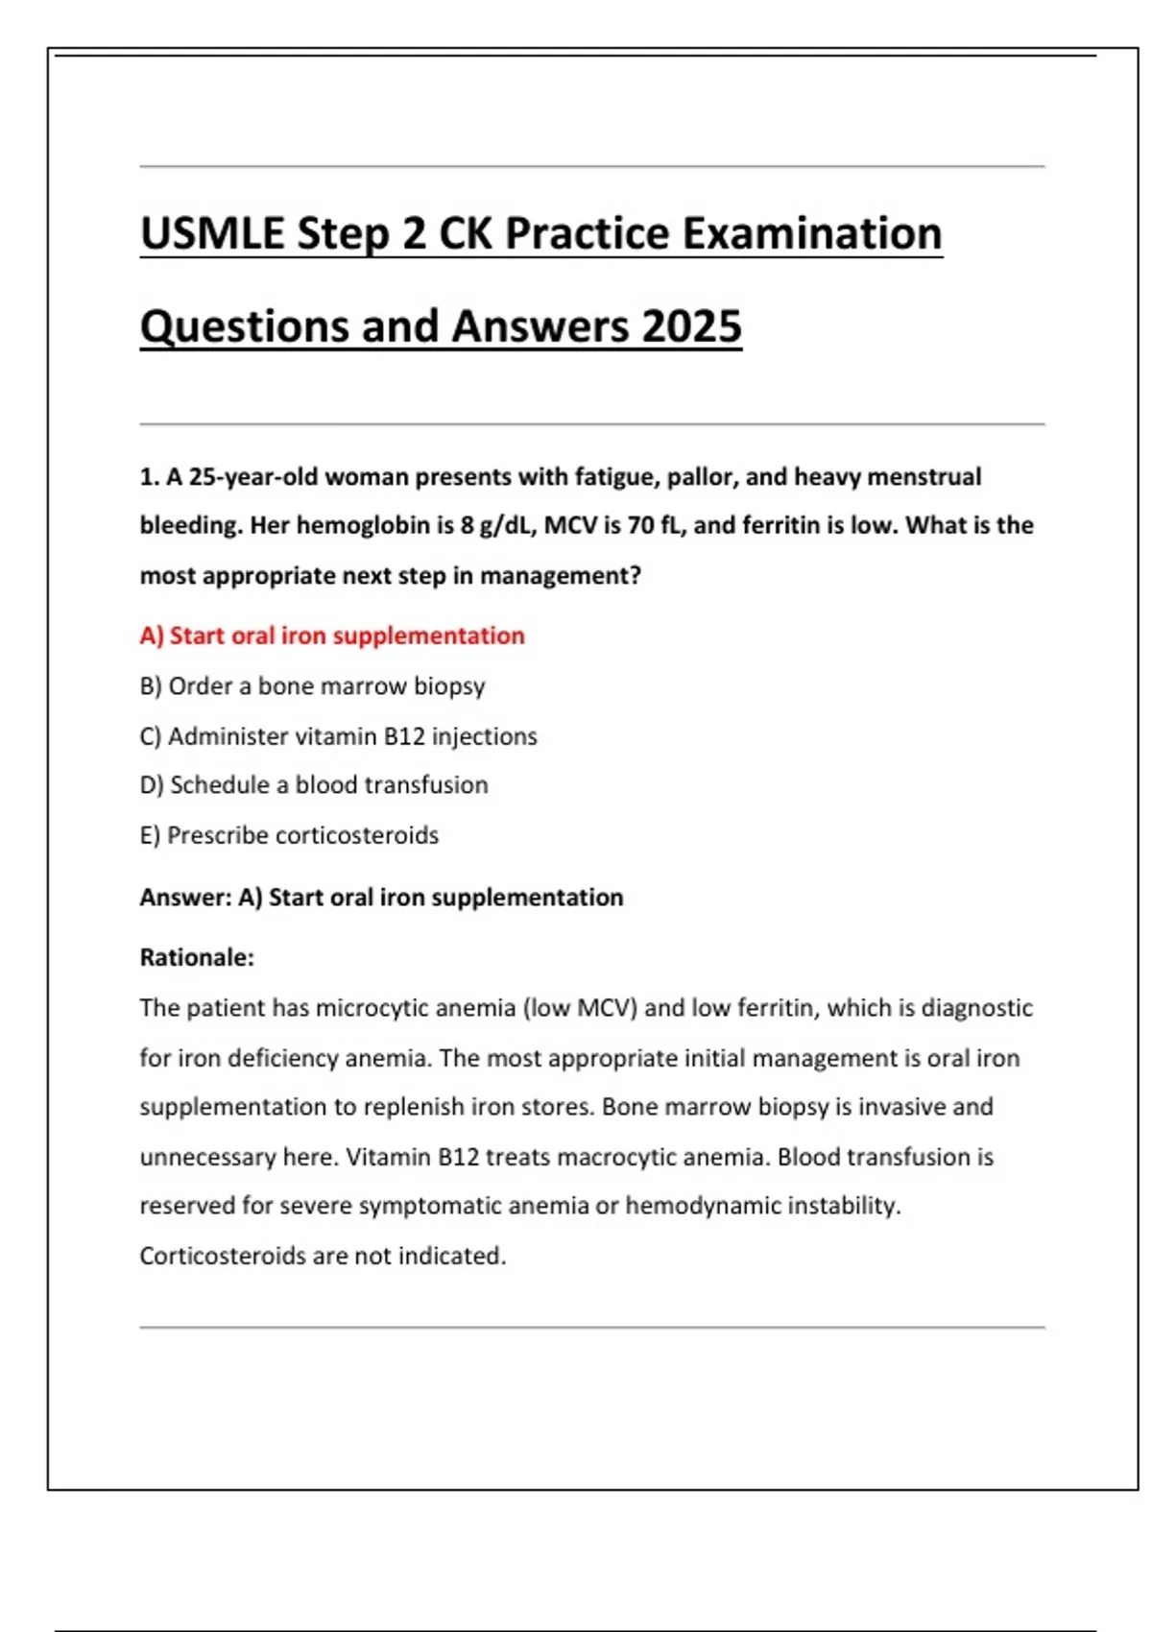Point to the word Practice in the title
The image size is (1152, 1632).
587,233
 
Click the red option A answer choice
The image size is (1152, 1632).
332,636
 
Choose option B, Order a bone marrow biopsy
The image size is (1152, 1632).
312,686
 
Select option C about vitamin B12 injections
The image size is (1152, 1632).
338,736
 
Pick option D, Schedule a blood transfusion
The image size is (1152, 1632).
314,785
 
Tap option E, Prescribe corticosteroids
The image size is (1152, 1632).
289,835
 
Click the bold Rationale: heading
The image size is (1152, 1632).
197,957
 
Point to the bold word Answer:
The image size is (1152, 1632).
185,898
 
